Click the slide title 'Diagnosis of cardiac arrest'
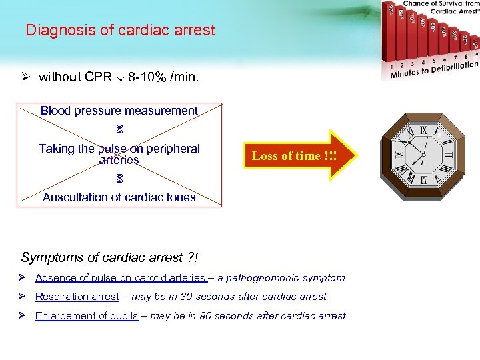120,30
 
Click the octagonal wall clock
425,155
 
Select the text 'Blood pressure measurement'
119,111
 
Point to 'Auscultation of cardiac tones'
119,197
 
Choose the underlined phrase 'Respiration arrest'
75,297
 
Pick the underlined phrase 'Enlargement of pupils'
87,316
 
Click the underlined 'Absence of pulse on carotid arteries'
121,278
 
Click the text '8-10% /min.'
166,77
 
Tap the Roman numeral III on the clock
447,155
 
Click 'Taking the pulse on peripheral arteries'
119,154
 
